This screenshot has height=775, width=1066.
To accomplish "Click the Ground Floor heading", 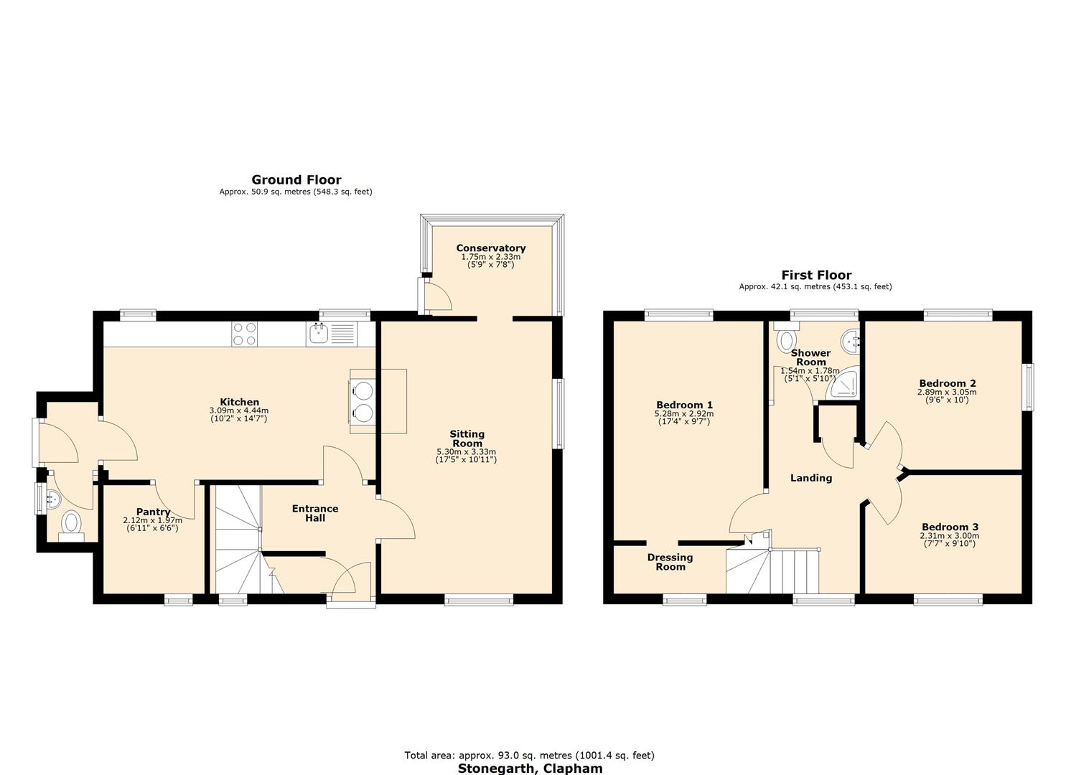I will [x=296, y=180].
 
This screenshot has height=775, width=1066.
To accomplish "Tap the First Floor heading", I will [x=816, y=275].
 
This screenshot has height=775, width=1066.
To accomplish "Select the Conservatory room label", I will [x=490, y=248].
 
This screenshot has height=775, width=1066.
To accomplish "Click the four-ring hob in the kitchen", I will [x=245, y=334].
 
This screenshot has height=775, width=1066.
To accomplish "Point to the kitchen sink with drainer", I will [x=330, y=334].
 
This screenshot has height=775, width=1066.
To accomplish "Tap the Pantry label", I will [x=153, y=512].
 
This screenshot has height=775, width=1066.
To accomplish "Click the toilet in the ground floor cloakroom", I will [x=71, y=523].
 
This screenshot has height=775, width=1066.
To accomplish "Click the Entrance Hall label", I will [x=314, y=513].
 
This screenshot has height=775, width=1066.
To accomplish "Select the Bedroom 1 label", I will [x=683, y=405].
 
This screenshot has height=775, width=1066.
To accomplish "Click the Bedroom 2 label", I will [x=947, y=383].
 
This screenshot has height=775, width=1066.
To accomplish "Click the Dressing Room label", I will [x=670, y=562].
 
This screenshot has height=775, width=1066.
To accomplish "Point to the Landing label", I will [x=810, y=478].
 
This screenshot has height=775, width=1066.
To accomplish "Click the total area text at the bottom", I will [x=529, y=755].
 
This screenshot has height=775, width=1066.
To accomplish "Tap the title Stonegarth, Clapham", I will [x=530, y=769].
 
